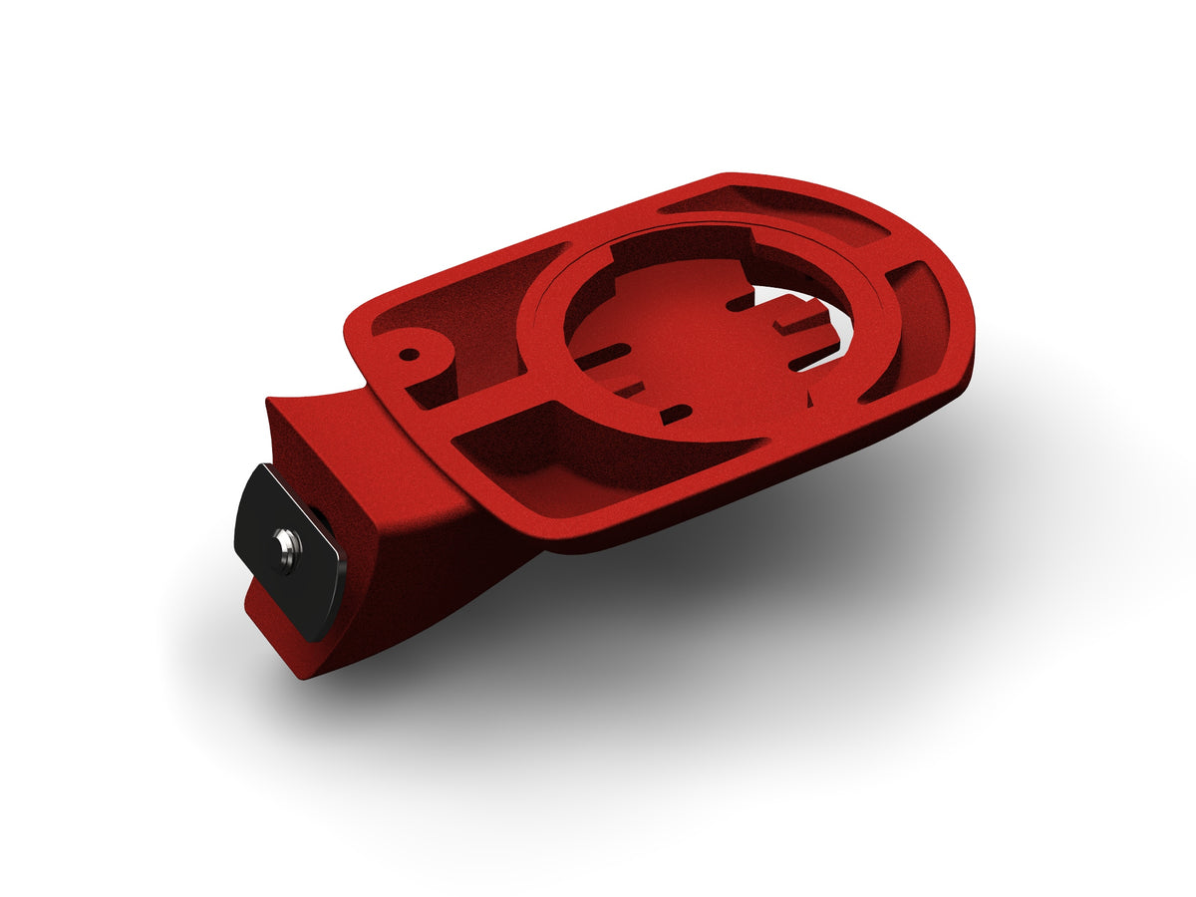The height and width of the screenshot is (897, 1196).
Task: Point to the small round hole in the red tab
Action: click(x=409, y=353)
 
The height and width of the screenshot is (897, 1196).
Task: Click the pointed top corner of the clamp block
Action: click(x=268, y=402)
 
